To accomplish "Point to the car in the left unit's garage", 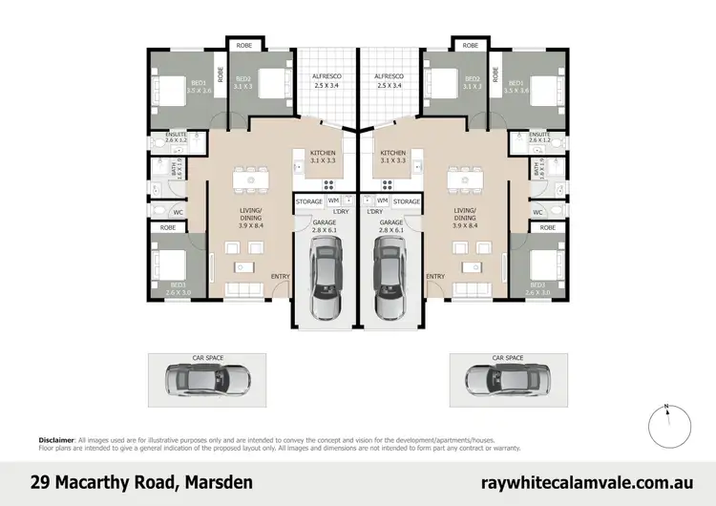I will (326, 281).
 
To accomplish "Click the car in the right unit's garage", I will (390, 281).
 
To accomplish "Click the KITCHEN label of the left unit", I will (325, 153).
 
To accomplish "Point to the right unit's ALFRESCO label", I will (389, 75).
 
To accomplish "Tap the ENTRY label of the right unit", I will (435, 277).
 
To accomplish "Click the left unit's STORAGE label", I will (308, 201).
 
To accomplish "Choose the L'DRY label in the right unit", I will (374, 212).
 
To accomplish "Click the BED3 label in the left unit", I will (178, 285).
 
